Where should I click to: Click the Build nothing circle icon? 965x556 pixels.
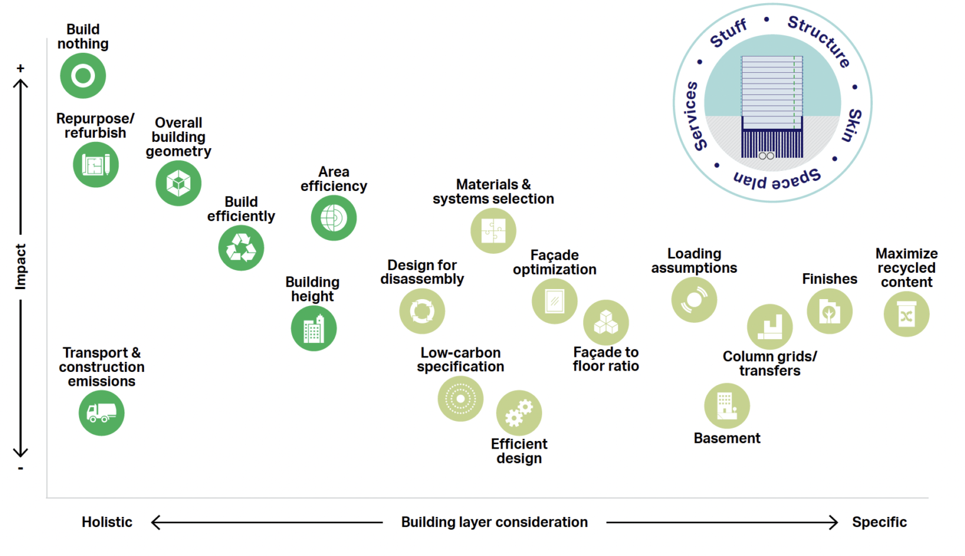(83, 75)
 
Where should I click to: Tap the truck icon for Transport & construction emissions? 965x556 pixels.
(101, 413)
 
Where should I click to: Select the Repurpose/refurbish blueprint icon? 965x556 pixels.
(95, 165)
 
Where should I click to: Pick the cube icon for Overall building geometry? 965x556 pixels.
(178, 183)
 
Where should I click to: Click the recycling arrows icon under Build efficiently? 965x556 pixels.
(241, 248)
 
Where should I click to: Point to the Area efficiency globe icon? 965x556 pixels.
(334, 218)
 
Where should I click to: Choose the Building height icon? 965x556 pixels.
(313, 329)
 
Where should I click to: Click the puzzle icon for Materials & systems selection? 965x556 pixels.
(493, 231)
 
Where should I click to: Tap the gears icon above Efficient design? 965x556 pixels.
(519, 413)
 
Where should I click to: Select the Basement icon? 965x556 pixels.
(727, 406)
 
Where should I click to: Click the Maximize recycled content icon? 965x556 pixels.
(906, 314)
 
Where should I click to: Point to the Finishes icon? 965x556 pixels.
(829, 311)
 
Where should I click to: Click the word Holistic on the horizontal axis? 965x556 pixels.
(107, 522)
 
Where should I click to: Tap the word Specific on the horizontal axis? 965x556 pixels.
(879, 522)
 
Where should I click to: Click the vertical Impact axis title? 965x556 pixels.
(21, 266)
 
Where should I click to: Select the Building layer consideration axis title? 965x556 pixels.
(494, 522)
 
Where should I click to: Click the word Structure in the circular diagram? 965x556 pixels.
(819, 40)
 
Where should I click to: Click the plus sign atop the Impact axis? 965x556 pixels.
(21, 68)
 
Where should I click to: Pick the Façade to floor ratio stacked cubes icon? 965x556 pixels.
(606, 322)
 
